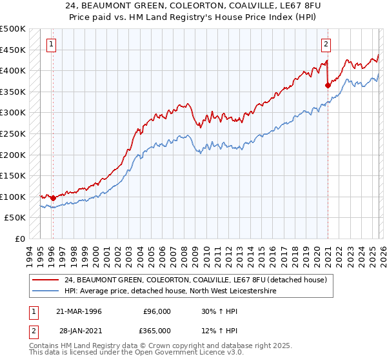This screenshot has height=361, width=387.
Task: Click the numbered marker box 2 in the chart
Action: coord(326,44)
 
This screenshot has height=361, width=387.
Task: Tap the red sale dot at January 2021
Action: coord(328,84)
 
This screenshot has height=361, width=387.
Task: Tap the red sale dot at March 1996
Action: coord(52,198)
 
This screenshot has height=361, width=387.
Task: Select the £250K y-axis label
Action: coord(13,133)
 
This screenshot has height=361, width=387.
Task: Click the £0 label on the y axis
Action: coord(19,239)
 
